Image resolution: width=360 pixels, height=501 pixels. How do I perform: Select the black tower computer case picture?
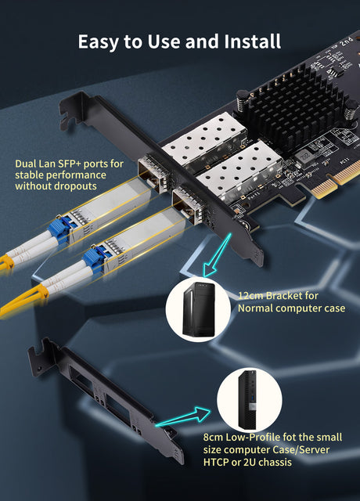[198, 309]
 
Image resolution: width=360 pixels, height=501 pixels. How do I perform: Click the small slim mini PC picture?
[250, 399]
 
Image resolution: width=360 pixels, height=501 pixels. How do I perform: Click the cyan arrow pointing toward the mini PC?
[183, 416]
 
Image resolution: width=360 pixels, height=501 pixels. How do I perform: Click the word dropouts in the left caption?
[76, 186]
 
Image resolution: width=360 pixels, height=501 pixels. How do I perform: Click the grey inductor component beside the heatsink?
[303, 156]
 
